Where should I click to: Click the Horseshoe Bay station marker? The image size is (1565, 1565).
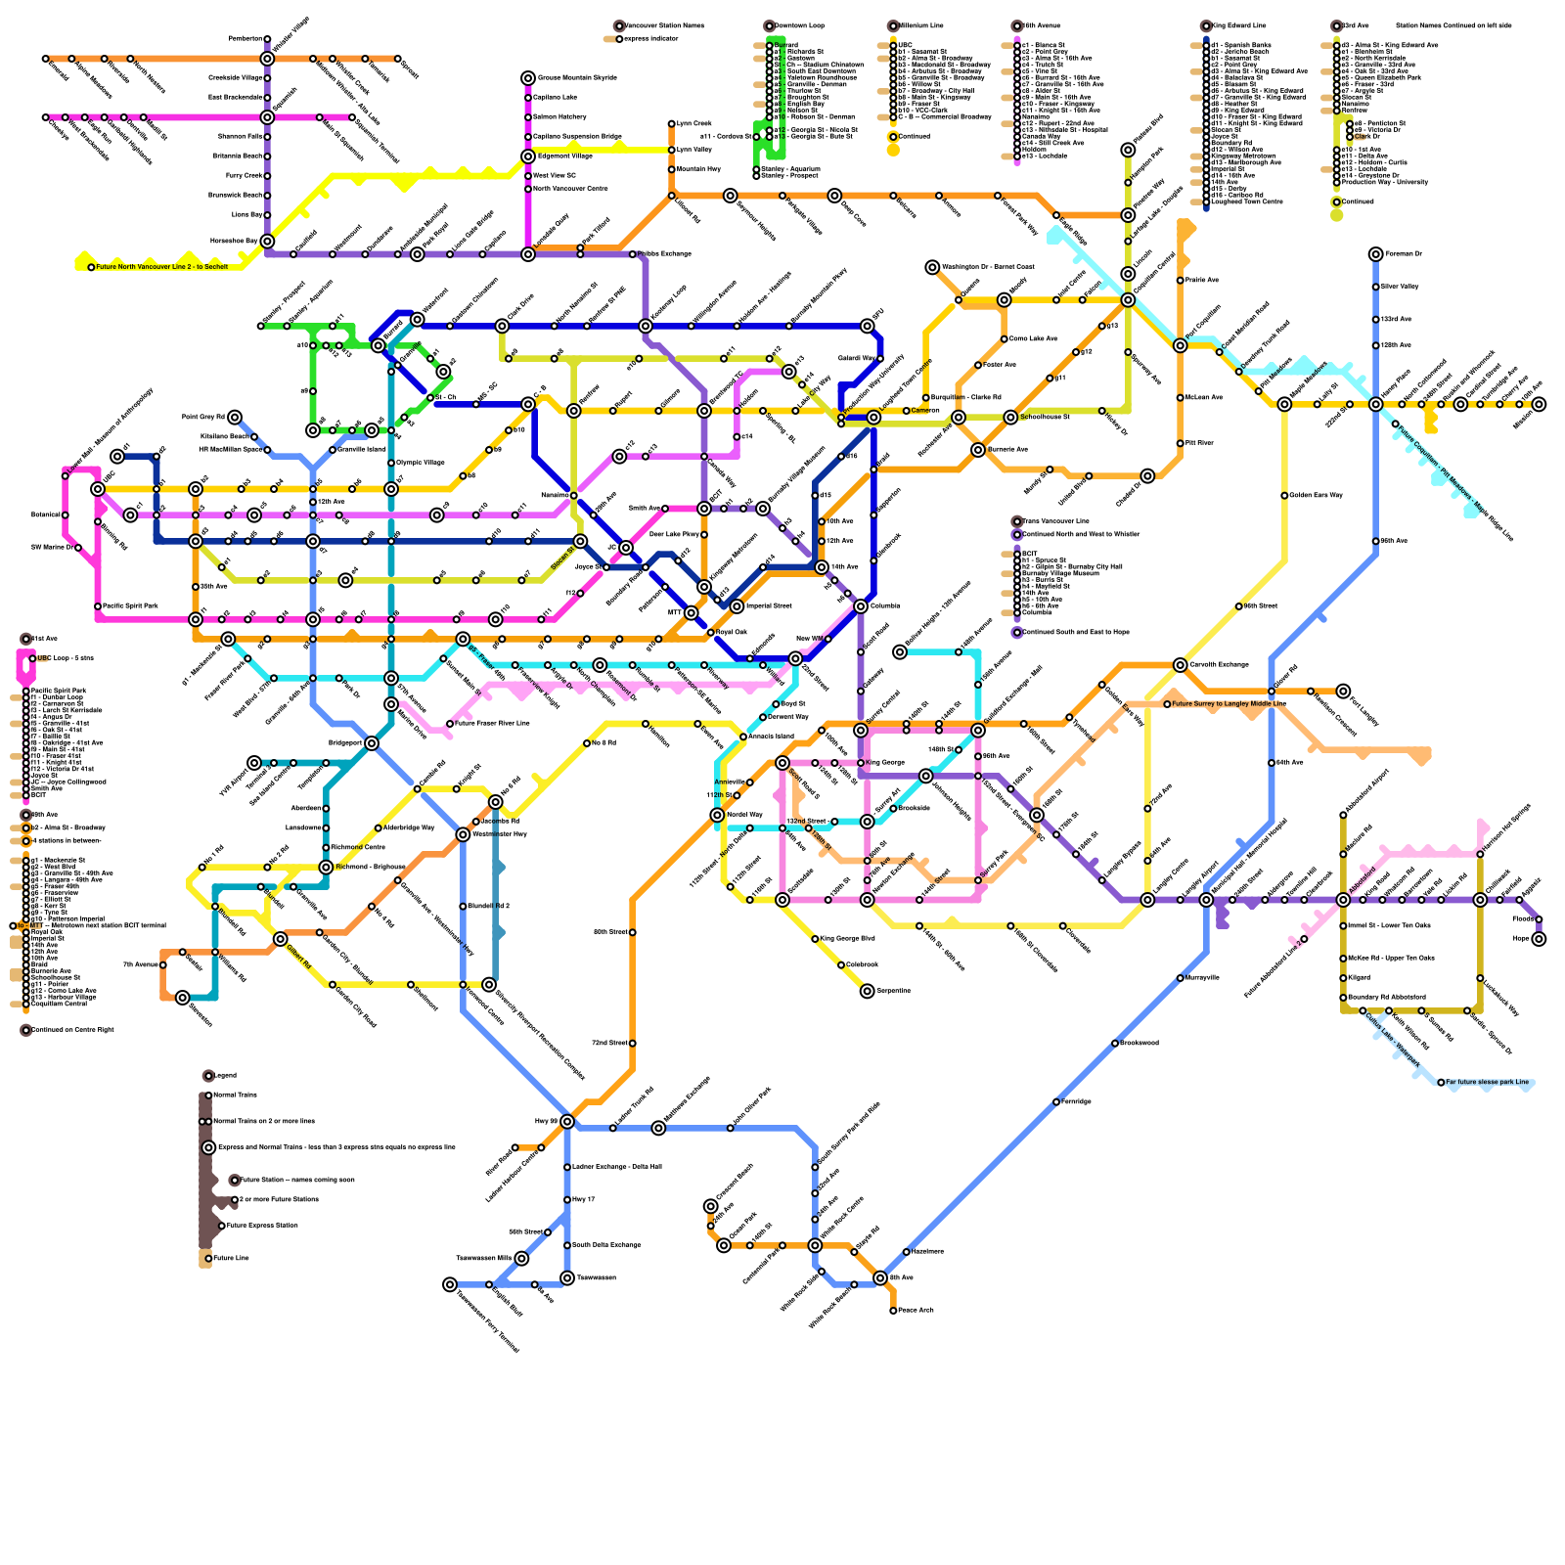[x=267, y=241]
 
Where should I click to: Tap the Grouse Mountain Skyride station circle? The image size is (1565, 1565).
[x=528, y=78]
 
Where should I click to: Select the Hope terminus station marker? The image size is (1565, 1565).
[x=1539, y=939]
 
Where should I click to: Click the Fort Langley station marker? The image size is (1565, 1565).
[x=1343, y=692]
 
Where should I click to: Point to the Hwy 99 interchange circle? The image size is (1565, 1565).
[x=567, y=1121]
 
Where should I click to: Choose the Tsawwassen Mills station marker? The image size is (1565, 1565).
[x=521, y=1259]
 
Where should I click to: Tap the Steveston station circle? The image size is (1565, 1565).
[x=183, y=998]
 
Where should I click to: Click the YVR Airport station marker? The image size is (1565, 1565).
[x=254, y=763]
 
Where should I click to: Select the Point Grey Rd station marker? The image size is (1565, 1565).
[x=235, y=418]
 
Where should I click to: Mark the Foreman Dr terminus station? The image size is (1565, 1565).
[x=1376, y=254]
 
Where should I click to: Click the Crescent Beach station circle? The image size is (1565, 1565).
[x=711, y=1206]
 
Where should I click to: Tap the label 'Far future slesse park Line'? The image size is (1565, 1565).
[x=1487, y=1082]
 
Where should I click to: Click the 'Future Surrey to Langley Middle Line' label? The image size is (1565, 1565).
[x=1229, y=703]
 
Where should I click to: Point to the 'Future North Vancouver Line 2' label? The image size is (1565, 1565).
[x=161, y=266]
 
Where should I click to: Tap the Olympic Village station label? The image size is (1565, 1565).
[x=421, y=463]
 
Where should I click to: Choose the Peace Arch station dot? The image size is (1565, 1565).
[x=893, y=1311]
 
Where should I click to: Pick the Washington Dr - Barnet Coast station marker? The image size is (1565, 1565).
[x=932, y=267]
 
